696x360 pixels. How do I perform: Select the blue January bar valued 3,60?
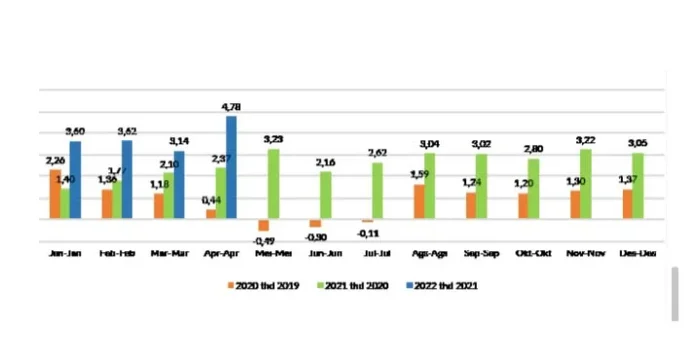[x=75, y=180]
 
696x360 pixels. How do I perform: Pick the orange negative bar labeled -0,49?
[x=263, y=225]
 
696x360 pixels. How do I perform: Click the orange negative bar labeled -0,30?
[x=315, y=223]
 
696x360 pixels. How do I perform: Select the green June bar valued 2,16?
[x=325, y=195]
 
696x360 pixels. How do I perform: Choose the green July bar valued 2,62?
[x=377, y=190]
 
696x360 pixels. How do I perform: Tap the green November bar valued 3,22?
[x=586, y=184]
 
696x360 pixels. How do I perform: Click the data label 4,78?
[x=232, y=106]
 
